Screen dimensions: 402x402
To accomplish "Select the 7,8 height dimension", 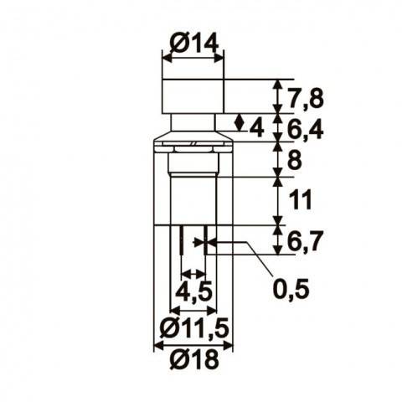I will [x=305, y=98].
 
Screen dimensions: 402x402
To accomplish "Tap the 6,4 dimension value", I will [x=305, y=130].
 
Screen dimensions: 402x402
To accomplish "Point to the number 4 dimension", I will [x=256, y=127].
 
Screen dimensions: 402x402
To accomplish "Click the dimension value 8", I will [x=293, y=160].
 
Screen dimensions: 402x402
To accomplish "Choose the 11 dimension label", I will [x=299, y=200].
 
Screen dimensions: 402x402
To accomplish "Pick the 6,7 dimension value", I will [x=305, y=241].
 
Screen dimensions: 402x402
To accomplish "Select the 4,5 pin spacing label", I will [x=193, y=293].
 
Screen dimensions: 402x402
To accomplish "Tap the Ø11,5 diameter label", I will [x=193, y=327].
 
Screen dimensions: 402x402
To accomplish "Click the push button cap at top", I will [x=193, y=95].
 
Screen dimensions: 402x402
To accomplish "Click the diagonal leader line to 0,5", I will [x=260, y=264].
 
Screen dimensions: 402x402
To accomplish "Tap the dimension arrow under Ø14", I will [x=193, y=57].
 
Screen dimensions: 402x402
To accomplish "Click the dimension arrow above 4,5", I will [x=193, y=274].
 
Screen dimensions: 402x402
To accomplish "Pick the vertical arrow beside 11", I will [x=278, y=201].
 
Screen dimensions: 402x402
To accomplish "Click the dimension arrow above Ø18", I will [x=193, y=343].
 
